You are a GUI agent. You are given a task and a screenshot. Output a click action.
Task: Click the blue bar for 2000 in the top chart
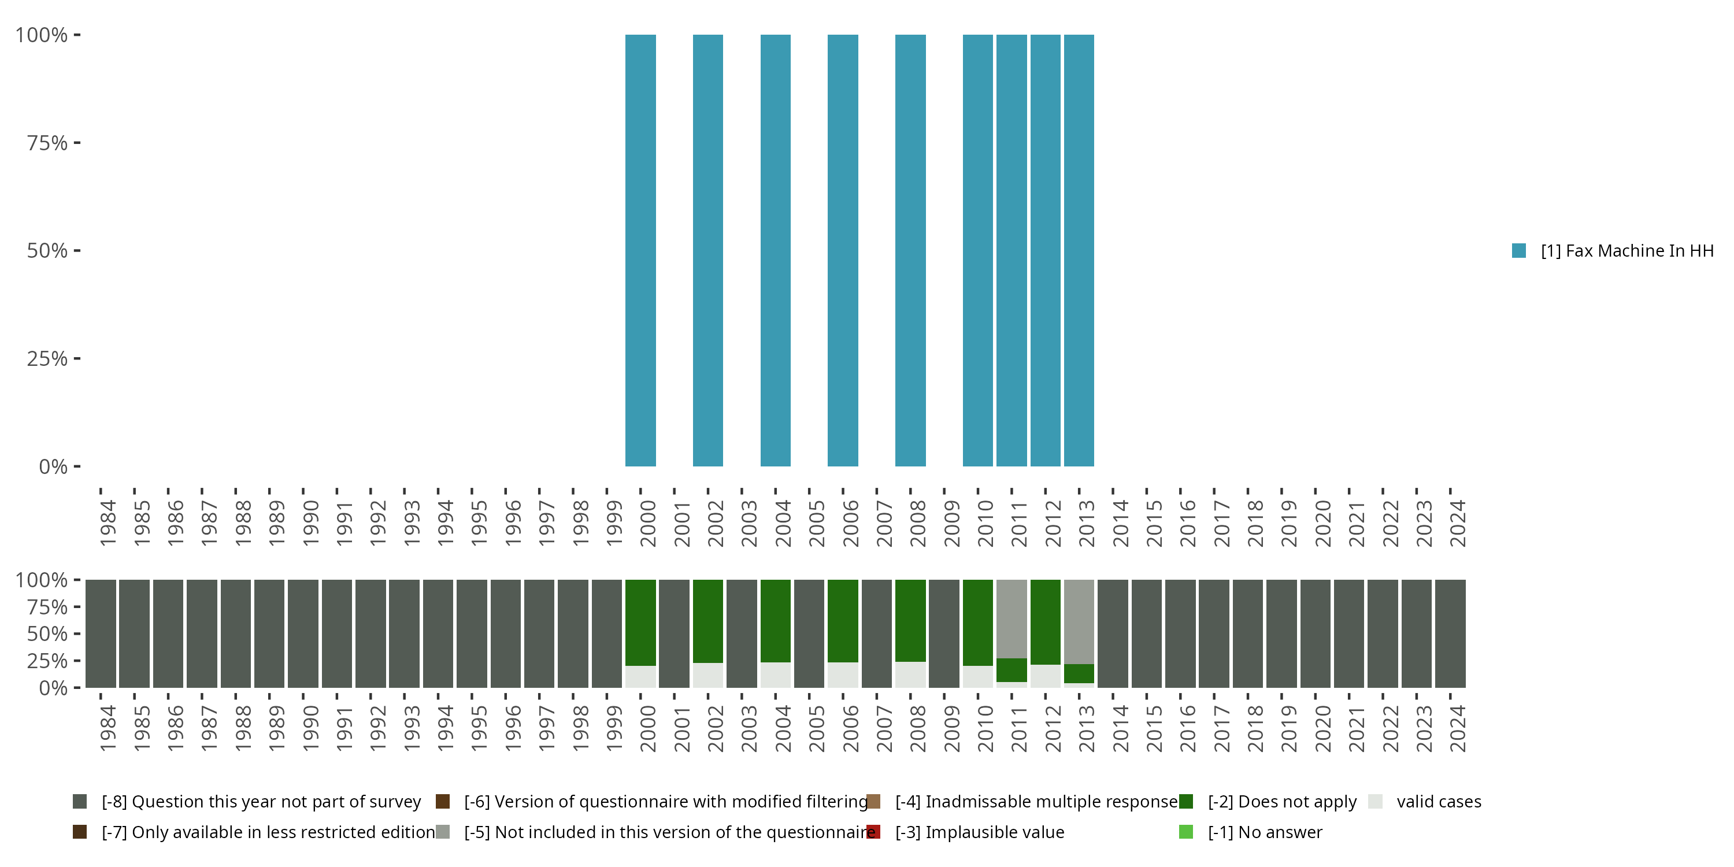pos(640,250)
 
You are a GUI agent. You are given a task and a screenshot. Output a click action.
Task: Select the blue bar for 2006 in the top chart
pos(843,250)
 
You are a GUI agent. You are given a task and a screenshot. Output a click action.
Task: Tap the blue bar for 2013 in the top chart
pos(1079,250)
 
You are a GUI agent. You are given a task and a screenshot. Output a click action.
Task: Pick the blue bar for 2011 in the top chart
pos(1011,250)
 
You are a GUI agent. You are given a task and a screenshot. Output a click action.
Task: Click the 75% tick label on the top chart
pos(47,143)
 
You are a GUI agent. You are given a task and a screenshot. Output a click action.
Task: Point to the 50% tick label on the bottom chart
pos(47,634)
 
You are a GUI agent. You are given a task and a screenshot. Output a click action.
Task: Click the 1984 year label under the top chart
pos(108,524)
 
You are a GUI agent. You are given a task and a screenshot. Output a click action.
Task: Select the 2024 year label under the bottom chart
pos(1457,729)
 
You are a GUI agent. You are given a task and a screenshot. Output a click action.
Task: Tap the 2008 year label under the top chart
pos(917,524)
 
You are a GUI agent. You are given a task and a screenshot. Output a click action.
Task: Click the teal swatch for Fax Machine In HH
pos(1518,250)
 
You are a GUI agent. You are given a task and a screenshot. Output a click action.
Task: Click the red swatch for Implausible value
pos(873,832)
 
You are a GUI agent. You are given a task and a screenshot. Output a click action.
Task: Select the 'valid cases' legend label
pos(1439,802)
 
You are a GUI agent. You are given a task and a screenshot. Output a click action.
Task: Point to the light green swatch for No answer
pos(1186,832)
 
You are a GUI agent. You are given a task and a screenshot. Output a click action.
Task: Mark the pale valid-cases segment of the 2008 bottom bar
pos(911,675)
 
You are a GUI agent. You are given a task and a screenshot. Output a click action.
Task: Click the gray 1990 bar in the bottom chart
pos(303,633)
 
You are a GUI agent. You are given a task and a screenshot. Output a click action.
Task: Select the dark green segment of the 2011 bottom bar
pos(1011,670)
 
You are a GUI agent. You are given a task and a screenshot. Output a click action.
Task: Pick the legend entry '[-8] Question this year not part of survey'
pos(261,802)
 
